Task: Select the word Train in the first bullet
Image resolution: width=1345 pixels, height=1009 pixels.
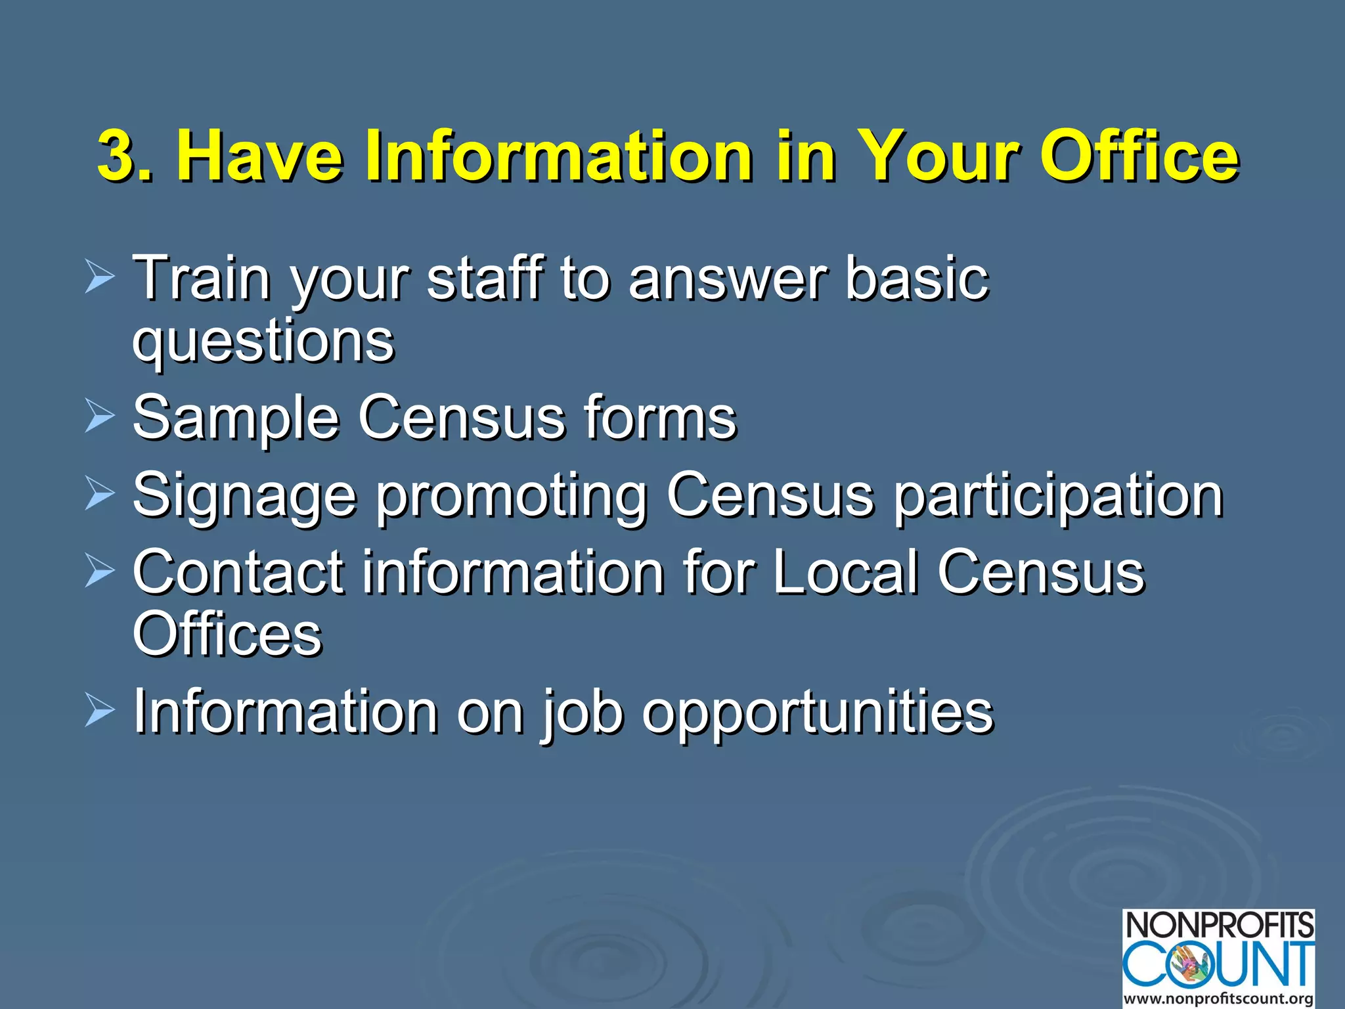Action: click(202, 278)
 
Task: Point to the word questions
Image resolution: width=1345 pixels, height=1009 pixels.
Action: click(263, 342)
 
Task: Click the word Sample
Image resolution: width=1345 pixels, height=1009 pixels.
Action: click(236, 418)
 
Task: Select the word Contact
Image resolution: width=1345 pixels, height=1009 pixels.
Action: click(238, 572)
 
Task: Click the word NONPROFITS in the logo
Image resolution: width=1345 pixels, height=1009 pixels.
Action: click(1219, 926)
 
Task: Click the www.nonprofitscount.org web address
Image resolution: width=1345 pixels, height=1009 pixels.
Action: click(1219, 999)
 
